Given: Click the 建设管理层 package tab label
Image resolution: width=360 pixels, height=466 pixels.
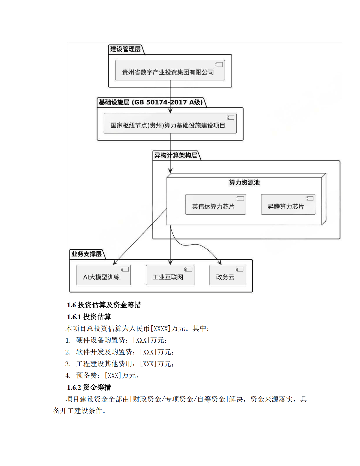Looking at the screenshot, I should click(x=125, y=49).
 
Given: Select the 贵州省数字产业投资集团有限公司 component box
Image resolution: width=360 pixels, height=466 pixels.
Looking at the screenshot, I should click(x=170, y=70).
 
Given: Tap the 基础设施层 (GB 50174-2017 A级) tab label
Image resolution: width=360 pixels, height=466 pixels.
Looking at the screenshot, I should click(x=150, y=102).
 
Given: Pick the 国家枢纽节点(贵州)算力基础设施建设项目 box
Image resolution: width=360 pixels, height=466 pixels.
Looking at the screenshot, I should click(x=170, y=123).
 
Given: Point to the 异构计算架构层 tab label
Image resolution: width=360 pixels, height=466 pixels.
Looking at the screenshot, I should click(x=176, y=155).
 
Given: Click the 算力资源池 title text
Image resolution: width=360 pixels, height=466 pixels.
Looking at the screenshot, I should click(x=244, y=182).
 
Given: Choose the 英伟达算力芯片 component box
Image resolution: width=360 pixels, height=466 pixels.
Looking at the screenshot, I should click(x=215, y=204).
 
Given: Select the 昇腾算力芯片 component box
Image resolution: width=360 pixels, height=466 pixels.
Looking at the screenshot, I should click(x=288, y=204).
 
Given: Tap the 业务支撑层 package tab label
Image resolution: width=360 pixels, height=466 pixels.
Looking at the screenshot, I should click(x=86, y=254).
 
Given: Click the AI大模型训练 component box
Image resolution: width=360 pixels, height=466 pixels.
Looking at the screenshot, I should click(x=103, y=275).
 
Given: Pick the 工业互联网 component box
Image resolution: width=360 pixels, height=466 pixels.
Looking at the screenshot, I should click(x=170, y=275).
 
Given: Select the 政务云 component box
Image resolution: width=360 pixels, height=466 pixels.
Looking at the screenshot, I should click(x=227, y=275).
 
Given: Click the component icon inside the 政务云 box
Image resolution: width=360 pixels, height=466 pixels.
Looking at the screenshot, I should click(x=240, y=269).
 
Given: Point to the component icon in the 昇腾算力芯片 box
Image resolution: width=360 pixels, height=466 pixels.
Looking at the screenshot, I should click(x=309, y=199).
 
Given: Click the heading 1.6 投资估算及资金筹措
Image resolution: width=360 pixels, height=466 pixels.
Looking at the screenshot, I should click(x=104, y=305).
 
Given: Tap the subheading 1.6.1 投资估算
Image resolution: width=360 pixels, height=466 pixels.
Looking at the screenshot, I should click(x=89, y=317).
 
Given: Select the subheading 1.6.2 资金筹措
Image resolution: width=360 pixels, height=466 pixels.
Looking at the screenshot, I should click(x=89, y=387).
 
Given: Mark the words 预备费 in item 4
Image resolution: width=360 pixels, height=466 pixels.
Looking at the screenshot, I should click(x=86, y=376).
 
